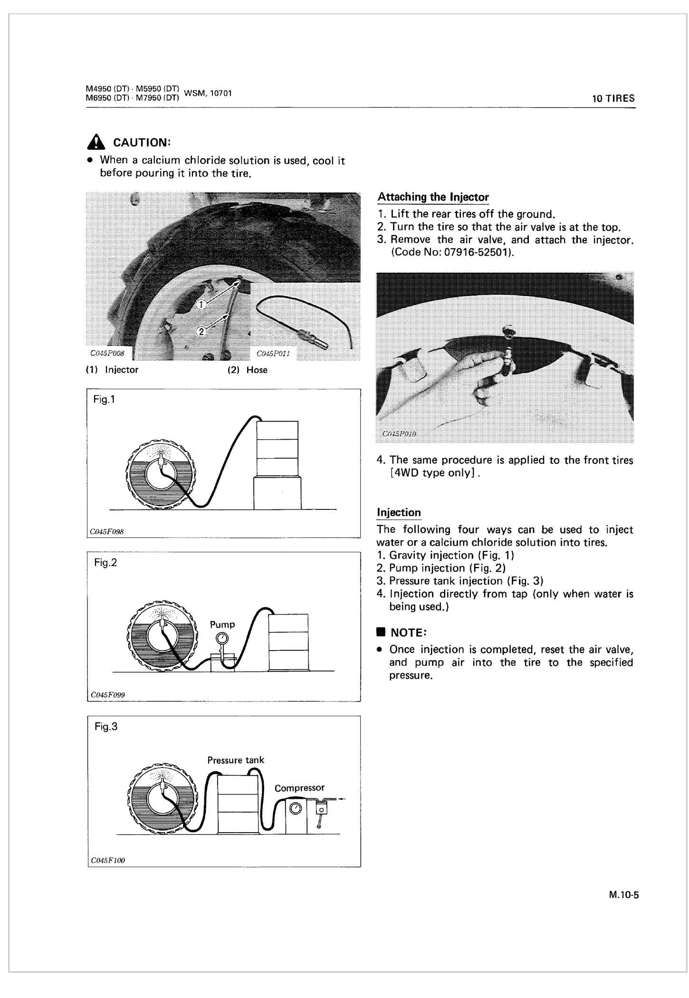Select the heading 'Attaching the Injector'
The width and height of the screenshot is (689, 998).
[x=433, y=197]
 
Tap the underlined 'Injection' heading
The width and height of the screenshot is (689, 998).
[x=399, y=512]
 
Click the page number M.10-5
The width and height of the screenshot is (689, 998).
[x=624, y=895]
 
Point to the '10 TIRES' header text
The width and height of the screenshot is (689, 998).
[x=613, y=99]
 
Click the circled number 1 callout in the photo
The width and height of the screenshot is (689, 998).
[x=201, y=305]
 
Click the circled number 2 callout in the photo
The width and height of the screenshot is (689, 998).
[x=201, y=332]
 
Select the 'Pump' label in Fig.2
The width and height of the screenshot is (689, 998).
[x=222, y=624]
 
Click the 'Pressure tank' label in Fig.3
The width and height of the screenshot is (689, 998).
[x=236, y=760]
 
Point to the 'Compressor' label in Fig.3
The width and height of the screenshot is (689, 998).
[x=299, y=787]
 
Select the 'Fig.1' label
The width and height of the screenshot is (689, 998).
[x=105, y=400]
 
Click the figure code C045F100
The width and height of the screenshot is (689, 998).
[x=108, y=860]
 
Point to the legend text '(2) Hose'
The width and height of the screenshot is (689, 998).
[x=248, y=370]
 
